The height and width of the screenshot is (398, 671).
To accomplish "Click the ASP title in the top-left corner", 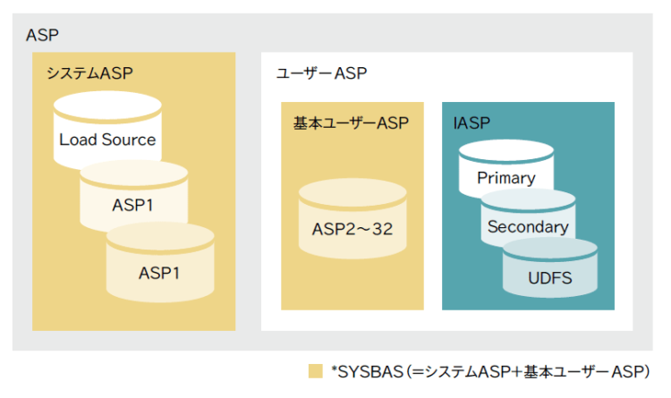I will pyautogui.click(x=42, y=36).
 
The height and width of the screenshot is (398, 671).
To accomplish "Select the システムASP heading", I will pyautogui.click(x=89, y=73).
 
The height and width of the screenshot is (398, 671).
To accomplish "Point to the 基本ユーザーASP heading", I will pyautogui.click(x=351, y=123).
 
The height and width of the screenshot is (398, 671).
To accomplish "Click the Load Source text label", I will pyautogui.click(x=107, y=140).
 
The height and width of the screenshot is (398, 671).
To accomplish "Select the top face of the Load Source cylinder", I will pyautogui.click(x=107, y=110).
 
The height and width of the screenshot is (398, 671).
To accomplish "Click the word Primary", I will pyautogui.click(x=505, y=177).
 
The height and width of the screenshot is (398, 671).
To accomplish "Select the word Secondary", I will pyautogui.click(x=528, y=227).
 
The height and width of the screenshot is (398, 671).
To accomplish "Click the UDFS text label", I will pyautogui.click(x=549, y=277).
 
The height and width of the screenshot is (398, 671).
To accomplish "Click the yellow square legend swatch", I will pyautogui.click(x=314, y=371).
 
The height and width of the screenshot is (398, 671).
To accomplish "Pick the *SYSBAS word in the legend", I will pyautogui.click(x=366, y=371).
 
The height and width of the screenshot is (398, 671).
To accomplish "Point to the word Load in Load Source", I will pyautogui.click(x=77, y=140).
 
